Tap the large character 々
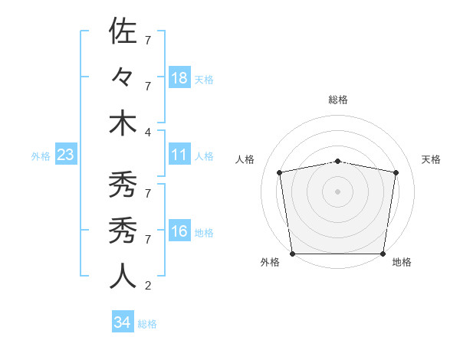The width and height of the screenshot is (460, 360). tap(123, 78)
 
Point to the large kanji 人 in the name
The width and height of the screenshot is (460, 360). tap(123, 275)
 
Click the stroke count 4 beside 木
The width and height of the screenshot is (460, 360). tap(147, 132)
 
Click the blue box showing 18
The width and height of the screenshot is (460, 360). tap(179, 78)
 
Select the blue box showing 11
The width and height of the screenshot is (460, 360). tap(179, 155)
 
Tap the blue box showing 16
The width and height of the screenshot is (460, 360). tap(179, 232)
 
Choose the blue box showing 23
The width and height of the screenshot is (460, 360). tap(66, 155)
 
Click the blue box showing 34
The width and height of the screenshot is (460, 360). tap(122, 323)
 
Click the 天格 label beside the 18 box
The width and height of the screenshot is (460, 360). tap(204, 79)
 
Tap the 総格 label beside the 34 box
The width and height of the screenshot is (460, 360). tap(147, 324)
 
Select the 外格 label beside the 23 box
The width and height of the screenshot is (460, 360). tap(41, 156)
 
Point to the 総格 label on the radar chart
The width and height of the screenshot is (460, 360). tap(338, 100)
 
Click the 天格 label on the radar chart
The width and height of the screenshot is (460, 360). tap(431, 159)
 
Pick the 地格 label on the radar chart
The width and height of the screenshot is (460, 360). tap(402, 262)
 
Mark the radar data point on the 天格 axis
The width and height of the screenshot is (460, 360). tap(396, 172)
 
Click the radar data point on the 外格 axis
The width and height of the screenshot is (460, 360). tap(292, 254)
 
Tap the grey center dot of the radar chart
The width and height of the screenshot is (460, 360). tap(337, 191)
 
